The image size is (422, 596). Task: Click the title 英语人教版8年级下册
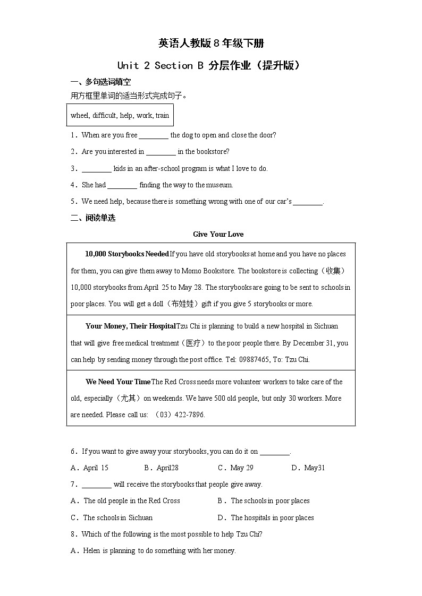[210, 43]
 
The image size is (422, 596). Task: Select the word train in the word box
[162, 115]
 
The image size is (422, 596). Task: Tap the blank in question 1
[154, 135]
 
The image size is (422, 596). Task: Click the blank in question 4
[122, 185]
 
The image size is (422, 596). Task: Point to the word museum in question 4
[219, 185]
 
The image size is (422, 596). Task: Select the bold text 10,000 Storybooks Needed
[126, 254]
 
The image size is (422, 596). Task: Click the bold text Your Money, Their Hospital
[130, 326]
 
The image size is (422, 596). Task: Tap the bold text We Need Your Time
[118, 382]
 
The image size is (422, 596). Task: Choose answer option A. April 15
[90, 468]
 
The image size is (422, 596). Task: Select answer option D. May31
[308, 468]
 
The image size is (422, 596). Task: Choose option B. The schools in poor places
[264, 501]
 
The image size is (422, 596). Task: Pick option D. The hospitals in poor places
[266, 518]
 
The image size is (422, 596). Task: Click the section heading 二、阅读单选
[93, 218]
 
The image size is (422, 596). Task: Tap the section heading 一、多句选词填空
[100, 82]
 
